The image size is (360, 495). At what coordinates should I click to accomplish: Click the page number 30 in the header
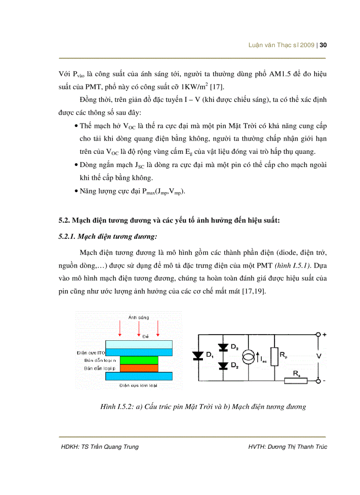(x=322, y=45)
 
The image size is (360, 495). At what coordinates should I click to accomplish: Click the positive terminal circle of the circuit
(x=317, y=335)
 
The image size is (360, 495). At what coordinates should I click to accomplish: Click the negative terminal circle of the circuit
(x=317, y=380)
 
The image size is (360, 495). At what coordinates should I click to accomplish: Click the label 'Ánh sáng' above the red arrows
(x=139, y=317)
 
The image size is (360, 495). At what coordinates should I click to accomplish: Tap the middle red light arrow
(x=139, y=328)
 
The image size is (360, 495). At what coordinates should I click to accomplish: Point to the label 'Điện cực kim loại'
(x=139, y=385)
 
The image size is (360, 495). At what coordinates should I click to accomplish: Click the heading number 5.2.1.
(x=67, y=237)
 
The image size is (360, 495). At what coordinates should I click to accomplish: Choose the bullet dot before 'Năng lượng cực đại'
(x=76, y=192)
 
